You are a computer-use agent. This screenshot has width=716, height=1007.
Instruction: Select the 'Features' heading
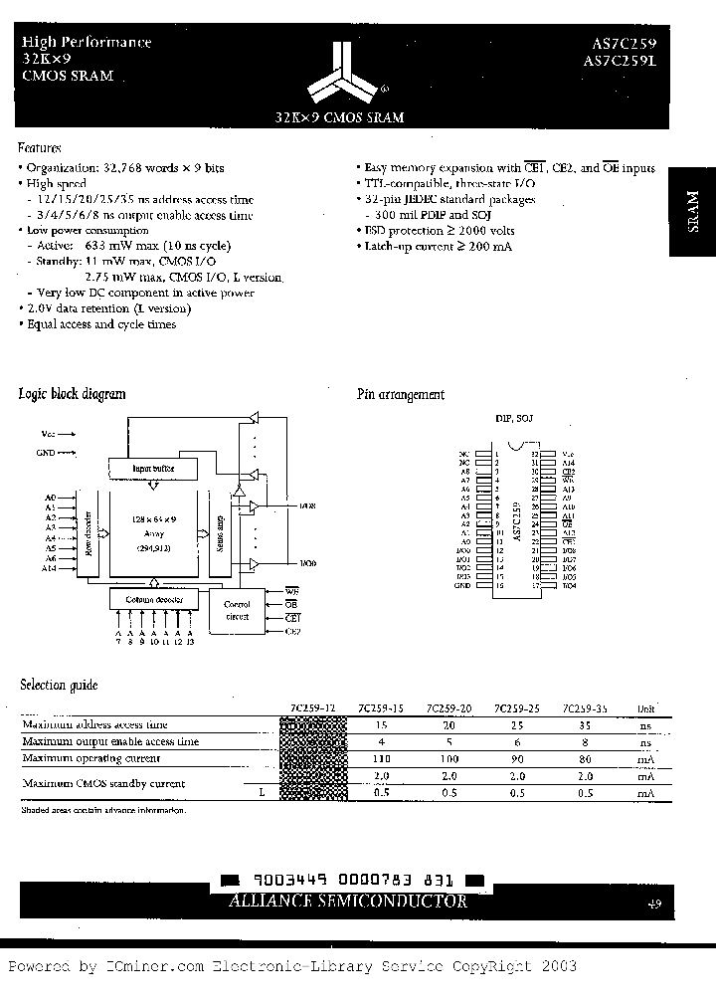42,146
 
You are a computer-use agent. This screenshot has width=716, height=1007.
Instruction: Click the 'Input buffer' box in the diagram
151,466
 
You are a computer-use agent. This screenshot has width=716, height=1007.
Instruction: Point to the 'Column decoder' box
150,599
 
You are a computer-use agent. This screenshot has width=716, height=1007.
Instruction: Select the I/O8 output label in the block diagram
306,506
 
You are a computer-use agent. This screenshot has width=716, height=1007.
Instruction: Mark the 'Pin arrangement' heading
401,395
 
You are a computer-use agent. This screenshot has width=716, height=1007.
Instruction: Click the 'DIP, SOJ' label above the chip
513,419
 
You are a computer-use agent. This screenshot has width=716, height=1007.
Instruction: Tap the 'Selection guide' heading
60,686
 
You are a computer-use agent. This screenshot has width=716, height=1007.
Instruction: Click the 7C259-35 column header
584,708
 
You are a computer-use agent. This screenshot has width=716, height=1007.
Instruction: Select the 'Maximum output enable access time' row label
110,741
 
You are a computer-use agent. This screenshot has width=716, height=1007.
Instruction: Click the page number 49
654,905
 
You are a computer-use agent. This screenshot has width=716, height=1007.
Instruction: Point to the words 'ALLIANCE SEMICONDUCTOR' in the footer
349,902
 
